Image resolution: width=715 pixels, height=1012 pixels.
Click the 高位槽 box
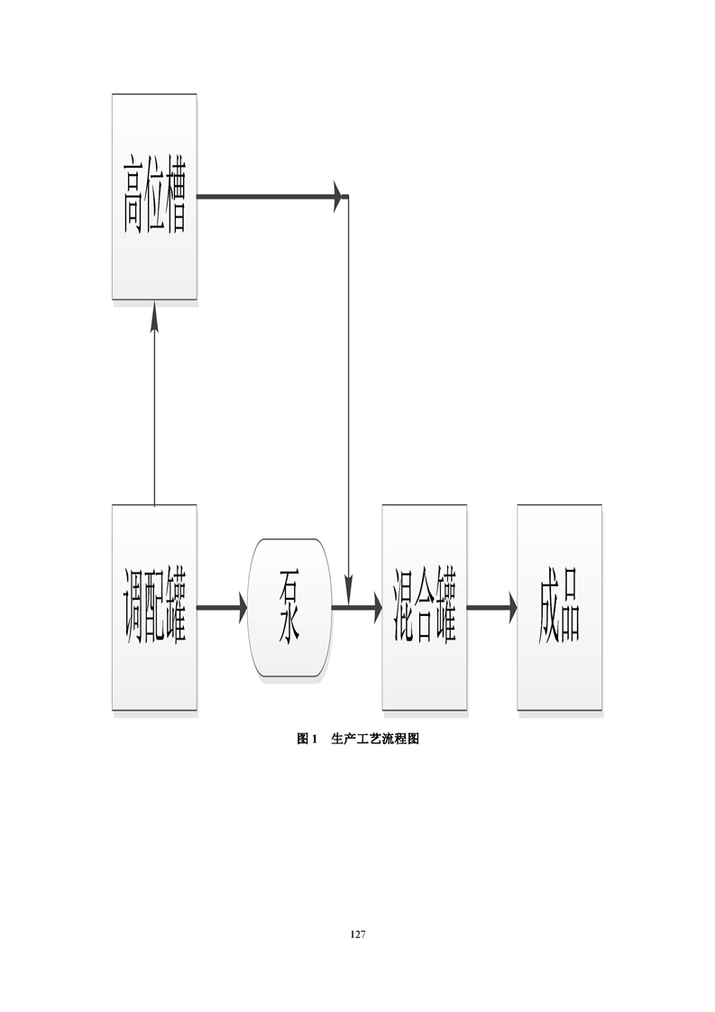[154, 196]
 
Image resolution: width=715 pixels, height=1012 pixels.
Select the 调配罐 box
[154, 607]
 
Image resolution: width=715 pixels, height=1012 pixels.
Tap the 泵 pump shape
[289, 607]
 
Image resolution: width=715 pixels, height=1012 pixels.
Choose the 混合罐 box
[425, 607]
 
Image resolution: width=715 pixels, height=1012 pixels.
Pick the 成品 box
[559, 607]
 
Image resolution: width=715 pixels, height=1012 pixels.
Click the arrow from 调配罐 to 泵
[222, 607]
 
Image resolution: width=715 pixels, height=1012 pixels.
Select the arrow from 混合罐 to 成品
[492, 607]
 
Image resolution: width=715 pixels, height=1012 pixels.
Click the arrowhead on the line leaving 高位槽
[339, 196]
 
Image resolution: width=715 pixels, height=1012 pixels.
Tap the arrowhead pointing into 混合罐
[374, 607]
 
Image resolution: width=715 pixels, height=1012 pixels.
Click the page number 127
[357, 934]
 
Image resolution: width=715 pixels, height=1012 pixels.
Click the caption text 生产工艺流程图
[375, 739]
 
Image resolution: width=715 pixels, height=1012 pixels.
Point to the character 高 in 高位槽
[133, 196]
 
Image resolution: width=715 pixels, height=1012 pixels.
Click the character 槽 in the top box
[176, 196]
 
